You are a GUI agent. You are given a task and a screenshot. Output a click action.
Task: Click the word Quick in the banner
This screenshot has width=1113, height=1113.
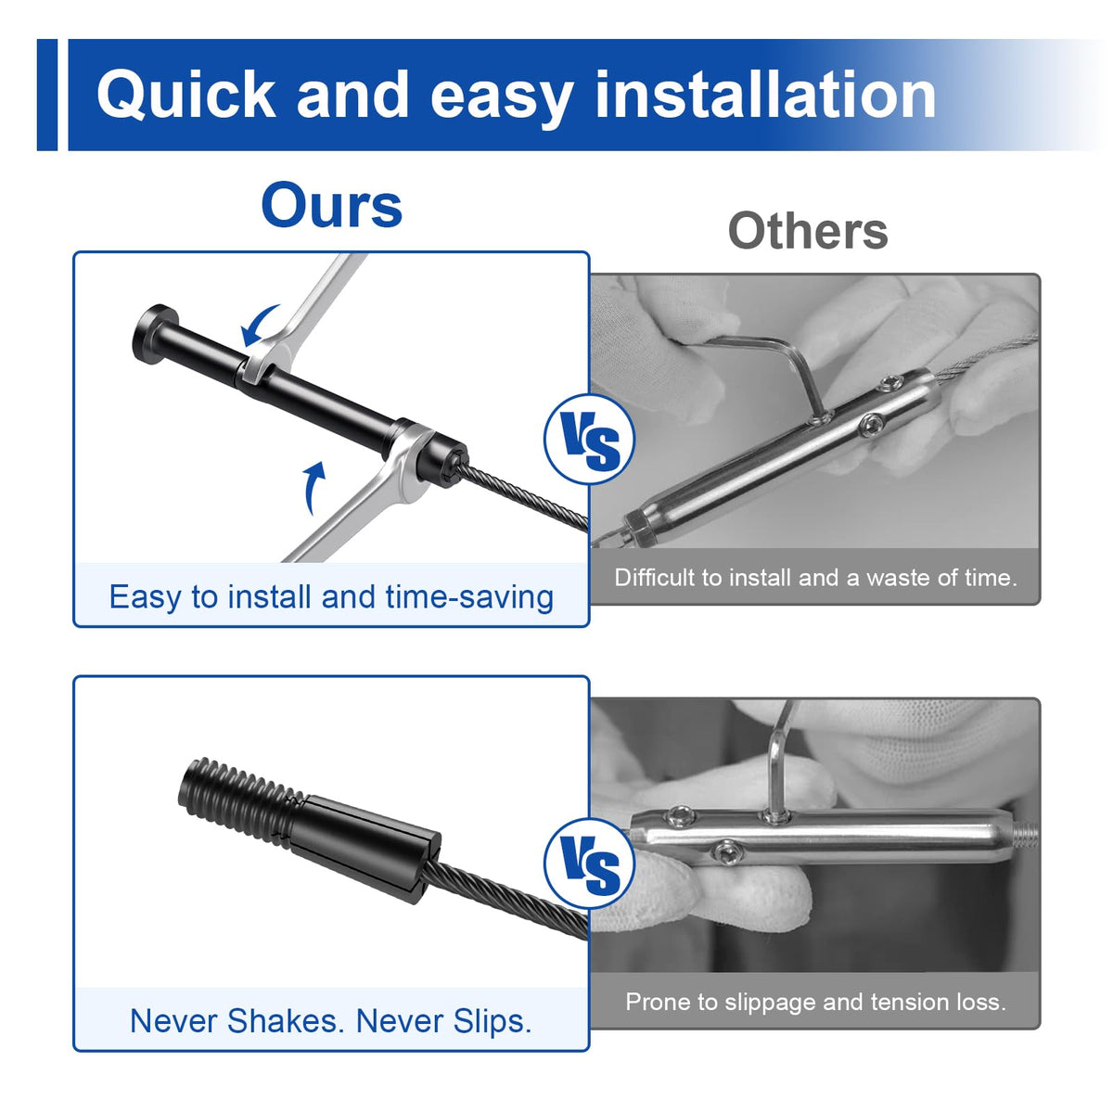coord(186,95)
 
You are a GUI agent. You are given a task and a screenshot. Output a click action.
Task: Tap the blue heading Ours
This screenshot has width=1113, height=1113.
coord(331,206)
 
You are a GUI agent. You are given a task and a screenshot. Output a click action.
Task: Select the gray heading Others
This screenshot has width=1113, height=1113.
coord(808,231)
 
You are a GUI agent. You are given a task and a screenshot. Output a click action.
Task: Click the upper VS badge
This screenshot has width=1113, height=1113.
coord(589,440)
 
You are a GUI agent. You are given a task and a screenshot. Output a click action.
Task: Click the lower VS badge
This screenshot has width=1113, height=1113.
coord(589,864)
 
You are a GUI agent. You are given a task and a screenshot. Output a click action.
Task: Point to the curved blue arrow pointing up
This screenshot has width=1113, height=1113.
coord(313,486)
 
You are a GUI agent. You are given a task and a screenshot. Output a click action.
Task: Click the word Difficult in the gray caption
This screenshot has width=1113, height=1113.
coord(655,578)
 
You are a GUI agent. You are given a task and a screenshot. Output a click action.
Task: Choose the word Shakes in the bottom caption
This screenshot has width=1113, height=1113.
coord(283,1020)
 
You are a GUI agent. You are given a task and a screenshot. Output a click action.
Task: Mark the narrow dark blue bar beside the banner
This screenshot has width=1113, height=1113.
coord(47,95)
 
